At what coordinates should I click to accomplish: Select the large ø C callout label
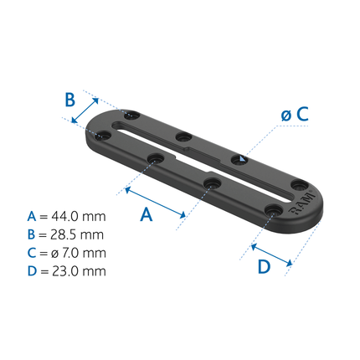295,115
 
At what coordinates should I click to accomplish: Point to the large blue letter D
264,267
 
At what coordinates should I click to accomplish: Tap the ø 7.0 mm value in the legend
80,253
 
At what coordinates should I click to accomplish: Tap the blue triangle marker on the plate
240,159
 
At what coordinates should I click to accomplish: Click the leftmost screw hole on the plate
102,134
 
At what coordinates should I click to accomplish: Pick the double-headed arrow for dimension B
84,109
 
